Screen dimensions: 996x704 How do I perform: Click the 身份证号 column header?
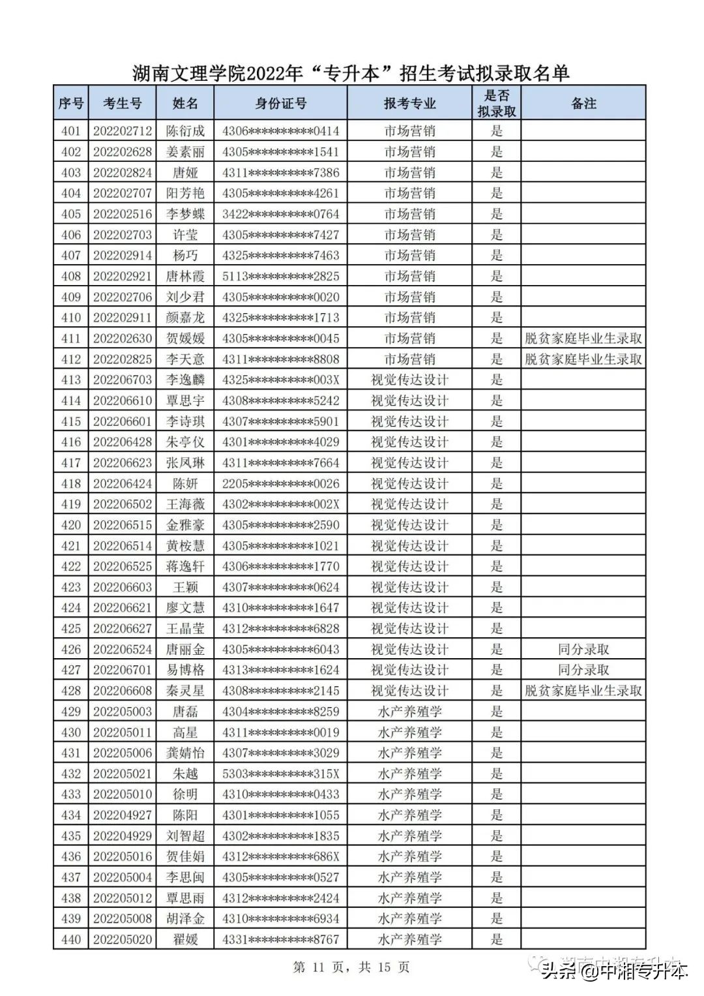coord(280,104)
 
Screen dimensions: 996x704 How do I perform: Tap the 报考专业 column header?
coord(409,104)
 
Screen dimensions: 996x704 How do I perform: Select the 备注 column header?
coord(583,104)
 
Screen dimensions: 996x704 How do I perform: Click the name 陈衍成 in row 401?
coord(185,131)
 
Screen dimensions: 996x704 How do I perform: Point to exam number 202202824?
coord(122,173)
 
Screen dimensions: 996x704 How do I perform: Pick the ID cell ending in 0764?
coord(280,214)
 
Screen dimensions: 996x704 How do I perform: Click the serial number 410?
coord(71,318)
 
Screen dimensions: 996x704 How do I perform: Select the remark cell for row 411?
coord(583,339)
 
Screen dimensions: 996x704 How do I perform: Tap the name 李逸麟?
coord(185,380)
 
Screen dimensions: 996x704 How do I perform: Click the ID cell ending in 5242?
coord(280,400)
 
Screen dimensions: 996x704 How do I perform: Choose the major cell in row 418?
coord(409,483)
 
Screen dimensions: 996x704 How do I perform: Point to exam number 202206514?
coord(122,546)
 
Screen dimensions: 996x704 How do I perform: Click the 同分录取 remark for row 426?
coord(583,650)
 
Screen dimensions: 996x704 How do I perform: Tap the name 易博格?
coord(185,670)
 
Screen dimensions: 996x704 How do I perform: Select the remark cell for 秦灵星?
coord(583,691)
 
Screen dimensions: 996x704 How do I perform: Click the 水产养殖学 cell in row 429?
coord(409,712)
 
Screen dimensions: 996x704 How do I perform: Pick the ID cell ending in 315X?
coord(280,774)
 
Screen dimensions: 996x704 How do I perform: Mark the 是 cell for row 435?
coord(497,836)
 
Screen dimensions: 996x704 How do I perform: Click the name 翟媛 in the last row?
coord(185,939)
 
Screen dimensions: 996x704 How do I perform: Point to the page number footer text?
coord(351,967)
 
